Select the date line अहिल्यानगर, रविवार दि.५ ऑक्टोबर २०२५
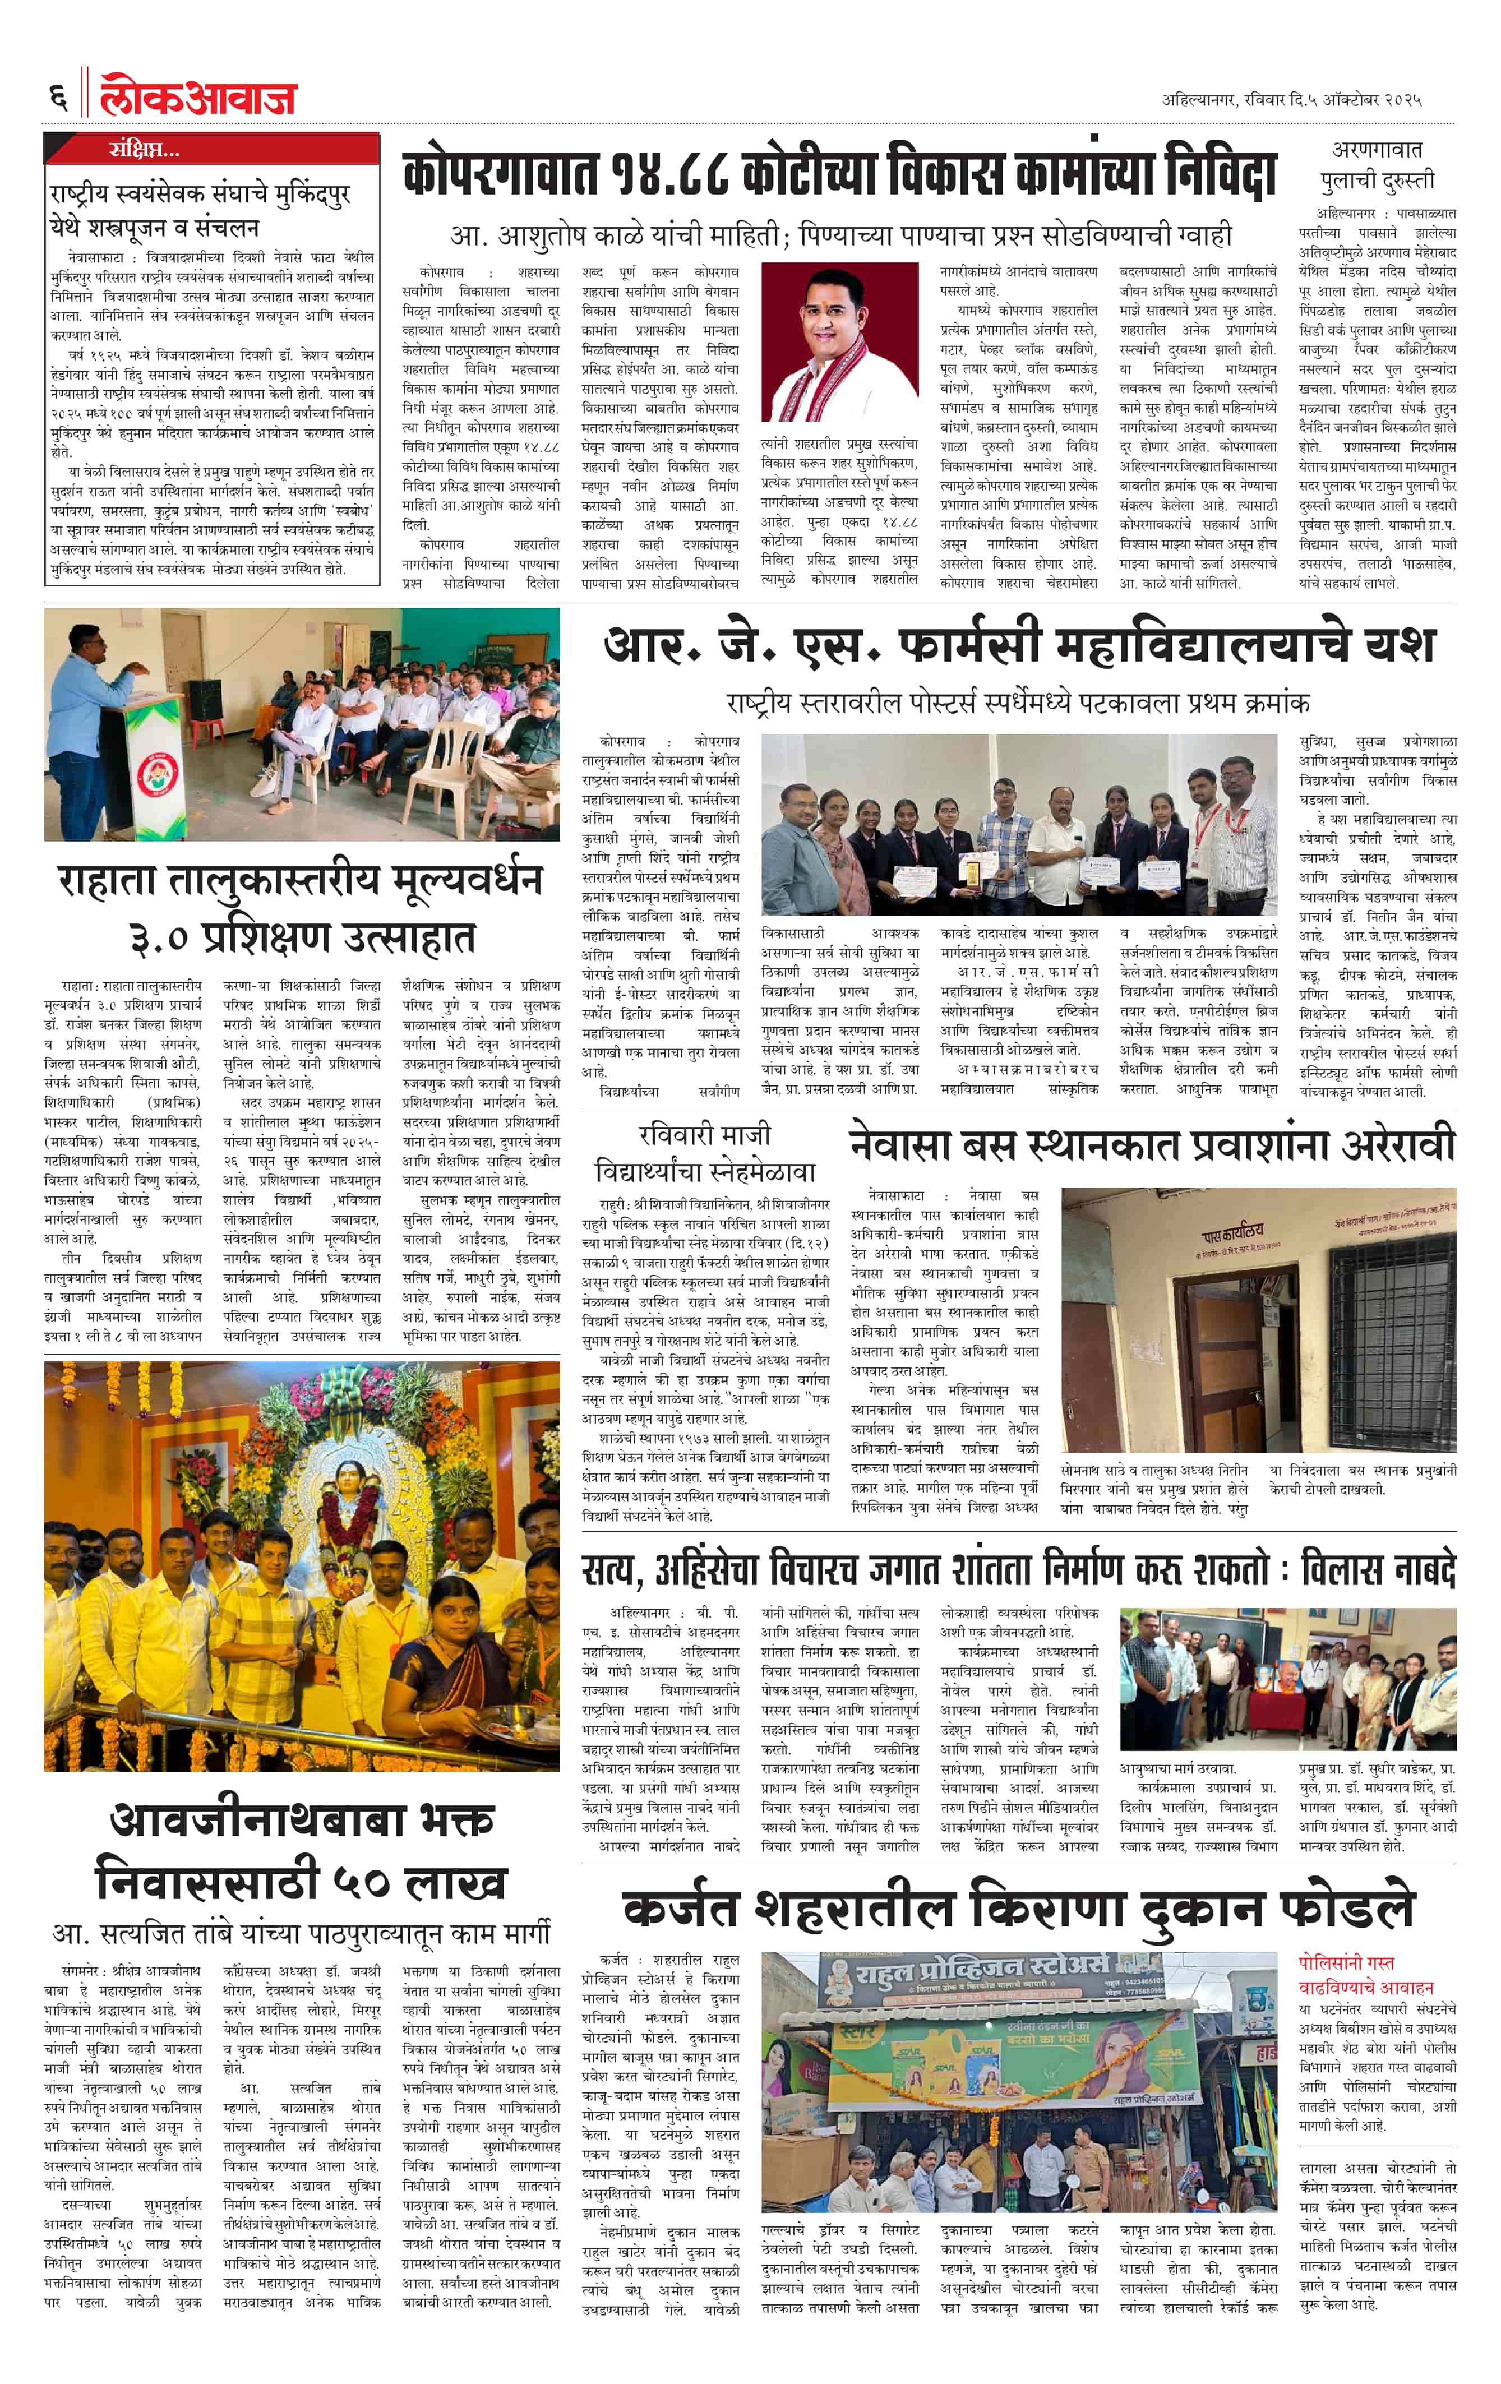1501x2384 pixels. (1292, 100)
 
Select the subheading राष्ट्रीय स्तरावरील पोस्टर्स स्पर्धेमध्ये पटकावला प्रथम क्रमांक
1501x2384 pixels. (1017, 703)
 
